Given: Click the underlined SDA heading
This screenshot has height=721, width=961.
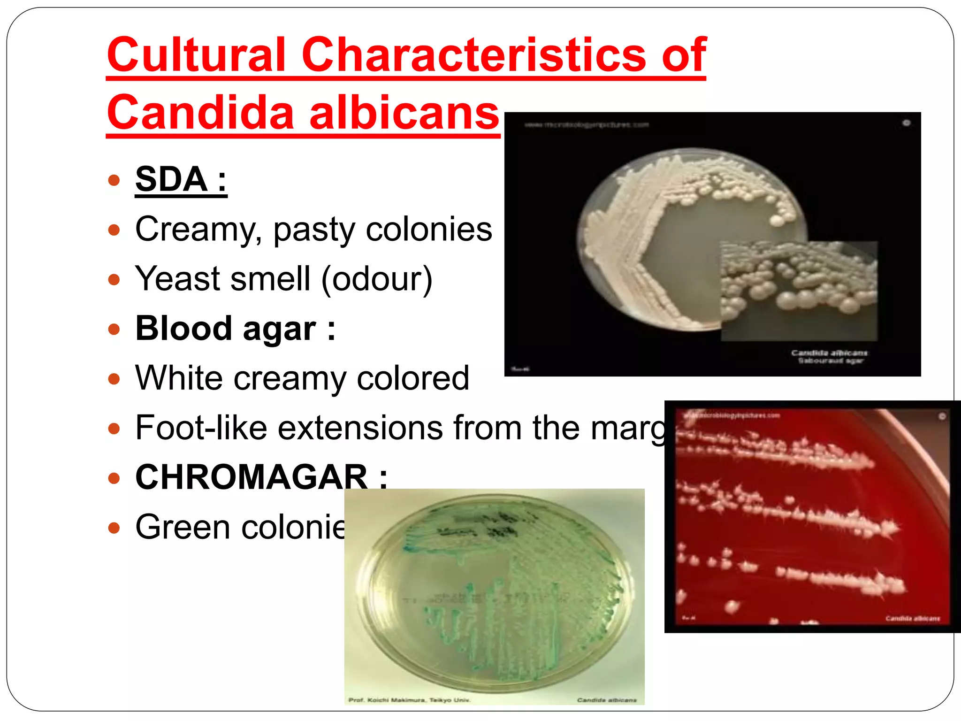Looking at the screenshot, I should tap(181, 179).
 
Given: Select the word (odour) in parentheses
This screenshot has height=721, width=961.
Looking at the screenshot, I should tap(377, 279).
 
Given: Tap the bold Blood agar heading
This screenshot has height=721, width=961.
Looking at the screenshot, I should tap(235, 329).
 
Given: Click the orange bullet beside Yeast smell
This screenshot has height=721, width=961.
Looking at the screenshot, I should tap(114, 280).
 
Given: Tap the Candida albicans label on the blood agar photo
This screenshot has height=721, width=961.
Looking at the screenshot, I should tap(912, 618).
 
